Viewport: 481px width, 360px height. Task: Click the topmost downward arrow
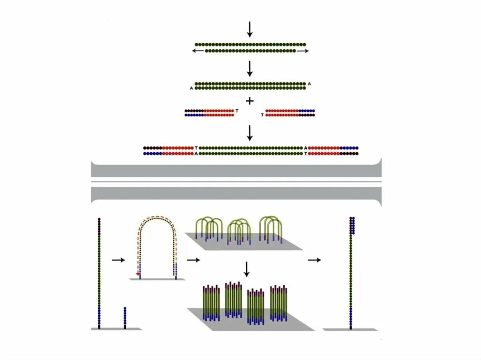250,30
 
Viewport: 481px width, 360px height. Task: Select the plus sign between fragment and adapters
250,100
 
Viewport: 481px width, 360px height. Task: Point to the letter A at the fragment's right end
309,84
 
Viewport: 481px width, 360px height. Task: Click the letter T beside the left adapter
237,111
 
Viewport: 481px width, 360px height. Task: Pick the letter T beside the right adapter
262,115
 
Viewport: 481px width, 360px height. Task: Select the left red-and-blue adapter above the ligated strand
209,113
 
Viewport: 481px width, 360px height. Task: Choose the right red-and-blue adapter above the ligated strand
290,113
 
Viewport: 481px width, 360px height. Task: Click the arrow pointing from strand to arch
119,260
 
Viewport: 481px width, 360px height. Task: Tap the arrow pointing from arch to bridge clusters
193,260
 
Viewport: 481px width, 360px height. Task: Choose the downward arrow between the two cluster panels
246,269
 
